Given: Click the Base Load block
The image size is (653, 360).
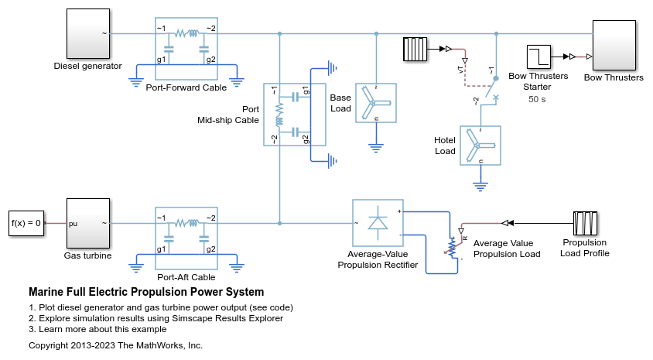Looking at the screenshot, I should click(375, 103).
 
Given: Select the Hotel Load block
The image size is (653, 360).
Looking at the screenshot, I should click(480, 145).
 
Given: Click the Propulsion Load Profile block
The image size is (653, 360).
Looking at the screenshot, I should click(585, 223).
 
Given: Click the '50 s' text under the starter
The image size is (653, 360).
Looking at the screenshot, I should click(538, 99).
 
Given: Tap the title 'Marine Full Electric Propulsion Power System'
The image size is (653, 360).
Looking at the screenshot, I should click(146, 293).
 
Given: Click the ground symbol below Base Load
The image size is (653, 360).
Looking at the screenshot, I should click(376, 146).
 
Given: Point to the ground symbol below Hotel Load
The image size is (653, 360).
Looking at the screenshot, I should click(480, 185).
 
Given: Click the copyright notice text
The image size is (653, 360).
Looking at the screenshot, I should click(115, 345).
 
